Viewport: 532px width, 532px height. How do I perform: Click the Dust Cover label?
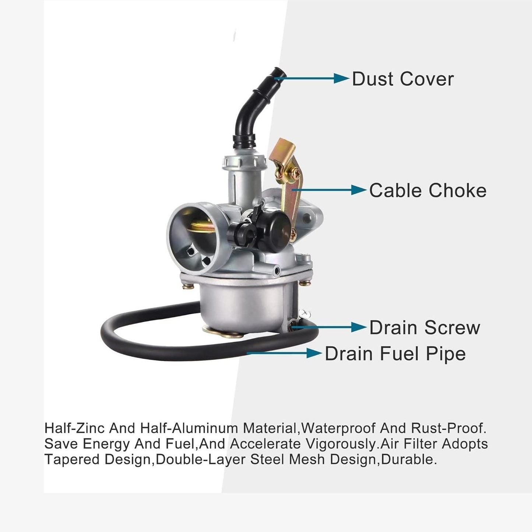click(403, 79)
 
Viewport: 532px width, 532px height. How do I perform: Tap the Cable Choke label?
click(428, 190)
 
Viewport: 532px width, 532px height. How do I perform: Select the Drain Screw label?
click(424, 327)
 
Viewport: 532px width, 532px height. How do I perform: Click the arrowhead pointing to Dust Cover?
click(342, 78)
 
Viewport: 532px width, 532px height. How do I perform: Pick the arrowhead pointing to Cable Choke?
click(359, 190)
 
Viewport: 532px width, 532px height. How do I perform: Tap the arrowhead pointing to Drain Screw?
click(359, 327)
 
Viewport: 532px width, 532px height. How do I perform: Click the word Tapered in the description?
click(72, 460)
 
